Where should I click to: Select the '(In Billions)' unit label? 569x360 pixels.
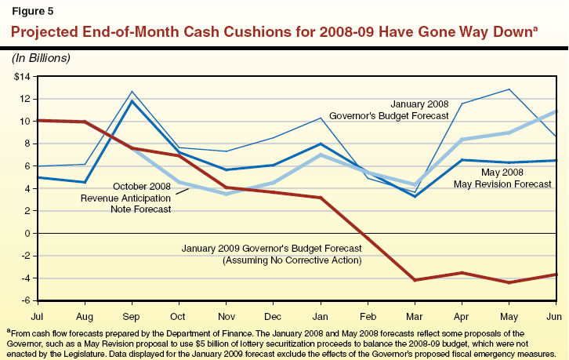click(41, 58)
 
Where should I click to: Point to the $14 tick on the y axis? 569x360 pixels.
click(20, 77)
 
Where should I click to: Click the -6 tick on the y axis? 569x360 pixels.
click(24, 300)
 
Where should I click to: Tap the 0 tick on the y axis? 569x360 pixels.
click(26, 234)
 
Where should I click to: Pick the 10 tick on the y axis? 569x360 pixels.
click(24, 122)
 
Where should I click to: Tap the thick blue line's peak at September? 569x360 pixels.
click(132, 101)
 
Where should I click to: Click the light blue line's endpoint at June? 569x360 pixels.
click(556, 111)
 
